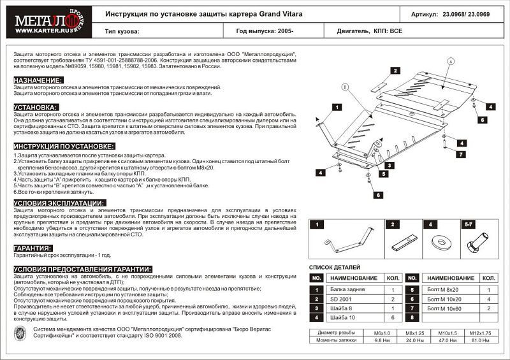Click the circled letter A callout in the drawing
pos(450,61)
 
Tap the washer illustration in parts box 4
pos(439,241)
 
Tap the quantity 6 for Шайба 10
pos(393,317)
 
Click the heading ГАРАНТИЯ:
pos(33,247)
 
